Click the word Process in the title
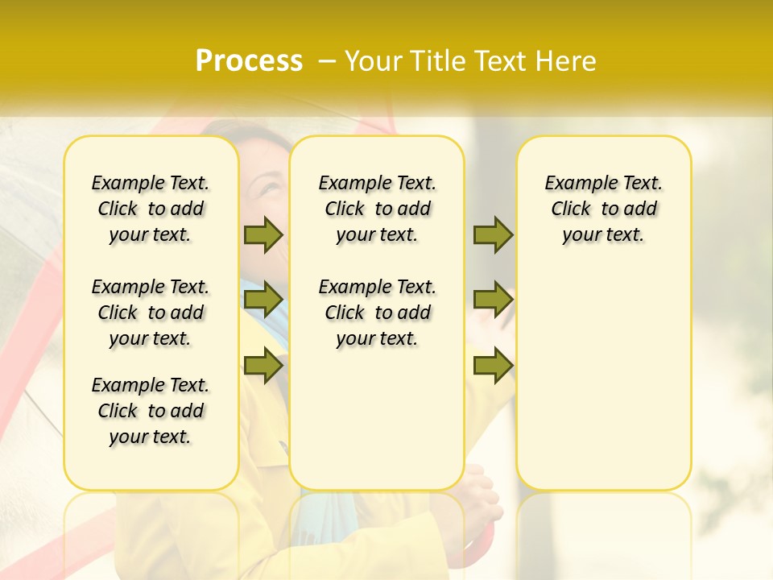tap(249, 61)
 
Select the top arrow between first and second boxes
tap(263, 234)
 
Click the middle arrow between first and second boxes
tap(263, 300)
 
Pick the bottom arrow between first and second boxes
tap(263, 365)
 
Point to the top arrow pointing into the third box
tap(493, 234)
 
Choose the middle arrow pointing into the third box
tap(493, 300)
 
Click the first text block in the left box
tap(151, 209)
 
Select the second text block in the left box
tap(151, 313)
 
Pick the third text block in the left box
tap(151, 411)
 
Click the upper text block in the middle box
tap(377, 209)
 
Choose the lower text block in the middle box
tap(377, 313)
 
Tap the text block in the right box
tap(603, 209)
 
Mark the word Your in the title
tap(369, 61)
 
